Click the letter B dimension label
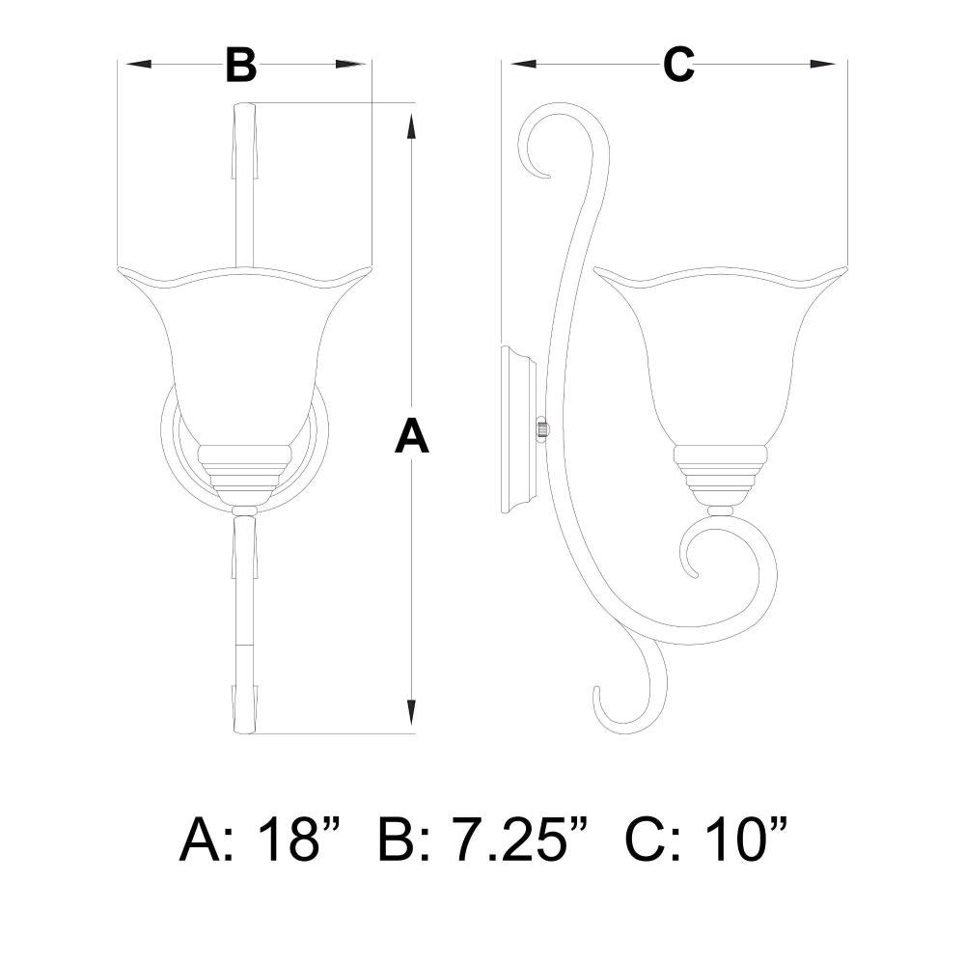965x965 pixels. (240, 65)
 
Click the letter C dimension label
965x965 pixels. (678, 65)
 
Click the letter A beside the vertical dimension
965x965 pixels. (411, 436)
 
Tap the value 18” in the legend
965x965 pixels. (298, 840)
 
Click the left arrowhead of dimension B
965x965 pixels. (138, 64)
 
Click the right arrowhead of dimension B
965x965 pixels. (349, 64)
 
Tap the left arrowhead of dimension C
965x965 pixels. (523, 64)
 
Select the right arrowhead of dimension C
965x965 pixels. (823, 64)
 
